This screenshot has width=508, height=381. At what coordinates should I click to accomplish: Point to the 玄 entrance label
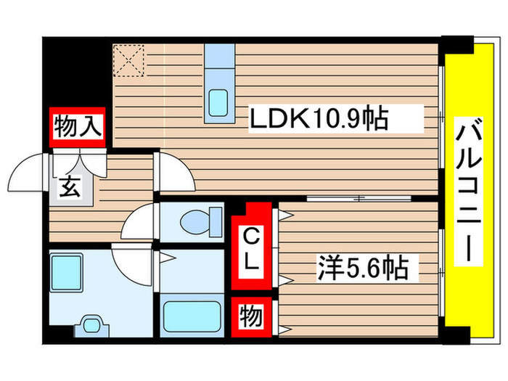(x=70, y=187)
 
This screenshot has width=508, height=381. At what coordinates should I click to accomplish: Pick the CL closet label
(x=251, y=250)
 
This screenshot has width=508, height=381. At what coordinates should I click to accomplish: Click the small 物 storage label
(x=250, y=316)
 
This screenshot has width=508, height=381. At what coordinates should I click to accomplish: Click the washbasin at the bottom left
(x=90, y=326)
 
